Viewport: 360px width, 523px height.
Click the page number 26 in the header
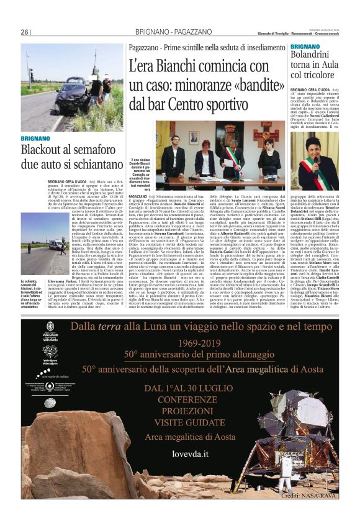click(25, 32)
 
